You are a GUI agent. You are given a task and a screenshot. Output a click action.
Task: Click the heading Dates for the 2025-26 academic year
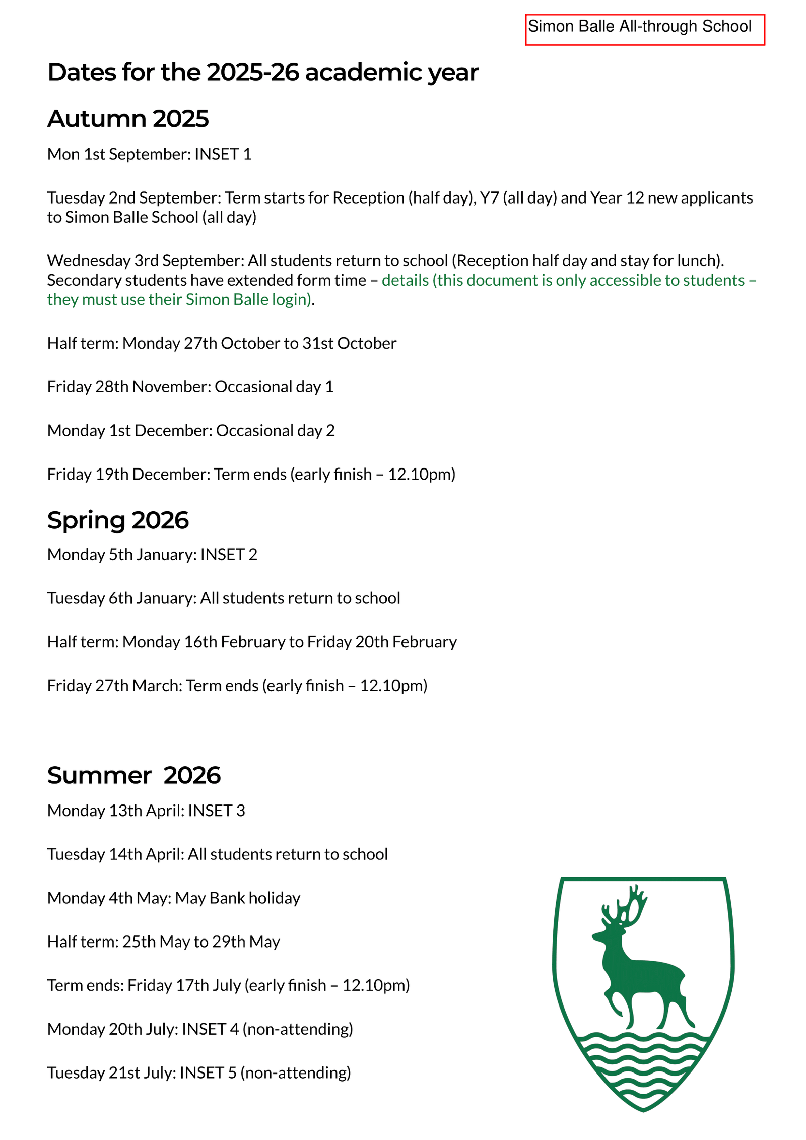coord(262,72)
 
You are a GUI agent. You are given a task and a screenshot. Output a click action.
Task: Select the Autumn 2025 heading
coord(128,119)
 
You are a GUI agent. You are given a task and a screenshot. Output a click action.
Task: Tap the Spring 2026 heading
coord(118,520)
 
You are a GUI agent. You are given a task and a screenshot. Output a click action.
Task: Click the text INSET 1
coord(223,154)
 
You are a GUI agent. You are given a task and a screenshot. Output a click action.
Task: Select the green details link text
coord(568,280)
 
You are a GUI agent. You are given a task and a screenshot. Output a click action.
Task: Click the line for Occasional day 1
coord(190,387)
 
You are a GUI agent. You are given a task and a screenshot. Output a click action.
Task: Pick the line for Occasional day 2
coord(190,431)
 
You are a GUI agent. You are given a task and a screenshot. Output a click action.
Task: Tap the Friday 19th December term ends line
coord(251,475)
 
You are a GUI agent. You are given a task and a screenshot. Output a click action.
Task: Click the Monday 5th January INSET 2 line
coord(152,555)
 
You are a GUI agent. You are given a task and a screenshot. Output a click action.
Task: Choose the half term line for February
coord(252,642)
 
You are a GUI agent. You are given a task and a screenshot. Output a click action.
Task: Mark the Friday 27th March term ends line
coord(237,686)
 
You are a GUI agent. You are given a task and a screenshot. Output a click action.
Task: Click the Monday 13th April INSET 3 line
coord(146,811)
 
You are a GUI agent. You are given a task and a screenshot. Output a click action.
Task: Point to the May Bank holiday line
coord(173,898)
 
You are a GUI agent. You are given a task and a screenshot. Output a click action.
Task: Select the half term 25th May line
coord(163,942)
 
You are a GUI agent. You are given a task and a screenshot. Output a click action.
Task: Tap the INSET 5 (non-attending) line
coord(199,1073)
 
